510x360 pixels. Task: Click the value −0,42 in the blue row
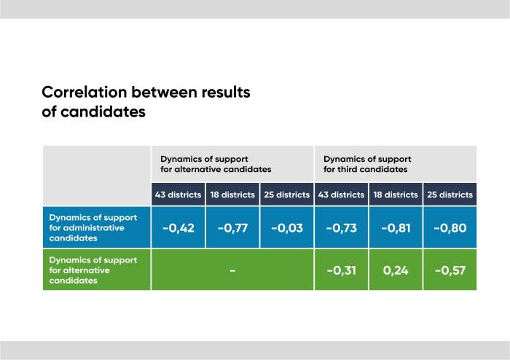pos(178,228)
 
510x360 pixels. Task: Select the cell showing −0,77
pos(232,228)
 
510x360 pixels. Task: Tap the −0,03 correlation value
pos(286,228)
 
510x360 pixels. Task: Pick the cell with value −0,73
pos(341,228)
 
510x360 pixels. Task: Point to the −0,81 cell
pos(396,228)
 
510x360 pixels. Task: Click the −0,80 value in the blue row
pos(450,228)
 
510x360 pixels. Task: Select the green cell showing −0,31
pos(341,270)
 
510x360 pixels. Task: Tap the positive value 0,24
pos(396,270)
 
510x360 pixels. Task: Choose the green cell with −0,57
pos(450,270)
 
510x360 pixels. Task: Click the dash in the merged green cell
pos(232,270)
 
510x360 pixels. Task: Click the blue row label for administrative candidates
pos(87,227)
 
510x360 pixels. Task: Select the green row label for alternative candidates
pos(87,270)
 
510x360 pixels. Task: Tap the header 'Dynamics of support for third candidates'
pos(367,164)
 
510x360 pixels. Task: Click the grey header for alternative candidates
pos(216,164)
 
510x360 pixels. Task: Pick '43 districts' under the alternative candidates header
pos(178,195)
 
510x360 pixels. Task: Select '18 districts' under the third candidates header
pos(396,195)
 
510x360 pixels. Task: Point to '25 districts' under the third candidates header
pos(450,195)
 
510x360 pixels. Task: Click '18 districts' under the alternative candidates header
pos(232,195)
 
